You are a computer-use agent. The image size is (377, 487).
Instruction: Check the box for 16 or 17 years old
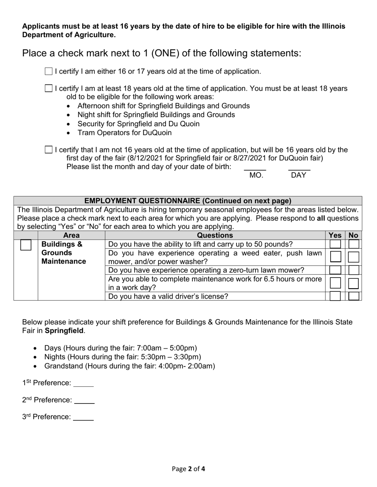coord(48,72)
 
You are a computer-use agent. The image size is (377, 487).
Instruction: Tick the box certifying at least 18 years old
coord(48,89)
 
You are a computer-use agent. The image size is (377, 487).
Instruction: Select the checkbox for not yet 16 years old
coord(48,150)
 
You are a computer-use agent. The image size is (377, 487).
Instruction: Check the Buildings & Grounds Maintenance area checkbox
coord(26,245)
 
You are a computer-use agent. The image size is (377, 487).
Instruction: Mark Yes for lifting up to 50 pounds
coord(335,244)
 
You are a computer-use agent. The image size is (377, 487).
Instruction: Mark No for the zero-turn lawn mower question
coord(354,270)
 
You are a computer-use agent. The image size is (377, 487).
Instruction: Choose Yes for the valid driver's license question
coord(335,296)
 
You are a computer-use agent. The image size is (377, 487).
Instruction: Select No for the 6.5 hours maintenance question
coord(354,283)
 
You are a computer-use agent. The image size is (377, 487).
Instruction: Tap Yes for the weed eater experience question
coord(335,257)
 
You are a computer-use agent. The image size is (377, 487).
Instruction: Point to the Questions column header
coord(215,236)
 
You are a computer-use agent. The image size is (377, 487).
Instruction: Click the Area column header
coord(71,236)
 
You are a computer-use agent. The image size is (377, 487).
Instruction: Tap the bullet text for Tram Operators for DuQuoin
coord(125,133)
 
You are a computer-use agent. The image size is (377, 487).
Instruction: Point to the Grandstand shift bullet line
coord(129,366)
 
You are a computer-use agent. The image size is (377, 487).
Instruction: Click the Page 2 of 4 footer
coord(188,469)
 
